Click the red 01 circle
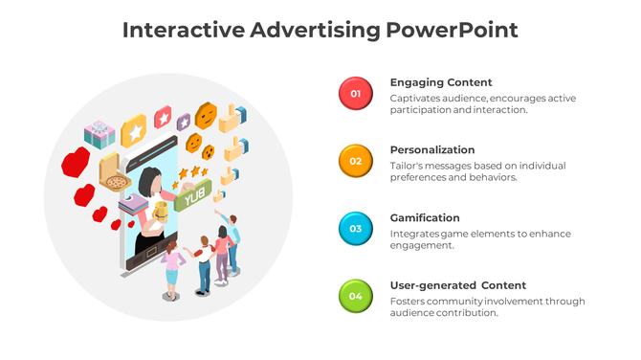355,93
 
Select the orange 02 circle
355,161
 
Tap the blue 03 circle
355,228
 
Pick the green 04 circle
355,296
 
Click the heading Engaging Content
441,82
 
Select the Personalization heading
432,149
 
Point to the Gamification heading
425,217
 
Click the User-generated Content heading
458,285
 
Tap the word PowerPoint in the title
453,30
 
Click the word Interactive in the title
183,30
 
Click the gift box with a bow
99,133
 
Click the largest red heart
76,161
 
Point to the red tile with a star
163,118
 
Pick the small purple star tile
184,122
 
